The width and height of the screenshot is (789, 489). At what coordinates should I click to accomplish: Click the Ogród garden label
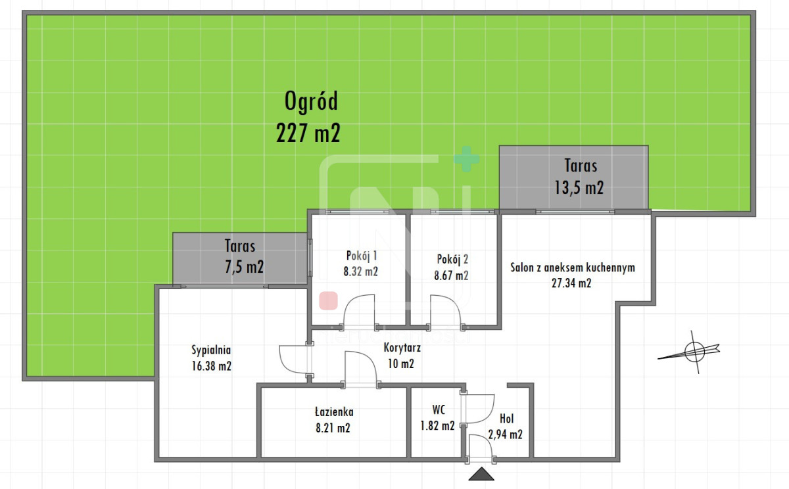click(x=311, y=101)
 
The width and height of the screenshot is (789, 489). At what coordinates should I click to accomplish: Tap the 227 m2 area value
click(x=308, y=133)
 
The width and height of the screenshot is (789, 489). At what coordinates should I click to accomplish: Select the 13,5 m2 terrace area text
click(x=579, y=187)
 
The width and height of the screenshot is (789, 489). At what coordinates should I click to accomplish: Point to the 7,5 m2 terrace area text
click(x=244, y=266)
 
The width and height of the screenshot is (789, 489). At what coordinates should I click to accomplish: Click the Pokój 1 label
click(x=362, y=256)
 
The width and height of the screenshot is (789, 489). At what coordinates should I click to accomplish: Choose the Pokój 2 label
click(x=452, y=260)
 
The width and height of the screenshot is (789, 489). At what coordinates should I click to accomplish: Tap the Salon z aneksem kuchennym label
click(x=573, y=268)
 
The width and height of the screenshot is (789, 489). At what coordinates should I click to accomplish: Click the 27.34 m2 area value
click(x=571, y=283)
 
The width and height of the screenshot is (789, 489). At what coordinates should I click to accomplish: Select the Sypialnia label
click(x=211, y=350)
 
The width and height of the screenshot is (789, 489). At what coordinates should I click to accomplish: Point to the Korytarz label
click(x=402, y=348)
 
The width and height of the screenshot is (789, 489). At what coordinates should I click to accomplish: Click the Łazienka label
click(x=334, y=412)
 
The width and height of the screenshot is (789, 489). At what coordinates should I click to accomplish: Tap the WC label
click(x=439, y=409)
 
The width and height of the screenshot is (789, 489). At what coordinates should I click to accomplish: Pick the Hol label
click(x=506, y=419)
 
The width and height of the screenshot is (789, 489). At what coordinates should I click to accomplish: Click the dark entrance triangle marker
click(x=481, y=475)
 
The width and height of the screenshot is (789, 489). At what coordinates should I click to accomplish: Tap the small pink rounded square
click(x=328, y=300)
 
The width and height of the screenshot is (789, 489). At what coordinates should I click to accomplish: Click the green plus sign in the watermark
click(x=467, y=159)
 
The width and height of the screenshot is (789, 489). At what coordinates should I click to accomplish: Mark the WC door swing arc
click(x=490, y=413)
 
